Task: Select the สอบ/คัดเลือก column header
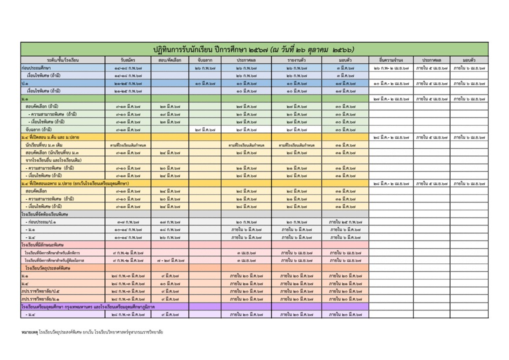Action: point(170,60)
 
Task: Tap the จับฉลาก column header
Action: point(205,60)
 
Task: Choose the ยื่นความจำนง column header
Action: point(391,60)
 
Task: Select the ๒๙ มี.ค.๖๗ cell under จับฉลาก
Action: point(205,129)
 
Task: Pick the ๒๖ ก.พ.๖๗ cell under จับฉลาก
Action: point(205,67)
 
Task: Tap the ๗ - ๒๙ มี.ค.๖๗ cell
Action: point(170,260)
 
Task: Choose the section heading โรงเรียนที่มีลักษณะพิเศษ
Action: point(43,245)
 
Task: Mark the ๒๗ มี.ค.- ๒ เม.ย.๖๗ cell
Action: point(391,98)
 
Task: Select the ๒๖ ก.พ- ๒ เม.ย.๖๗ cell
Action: point(391,67)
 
